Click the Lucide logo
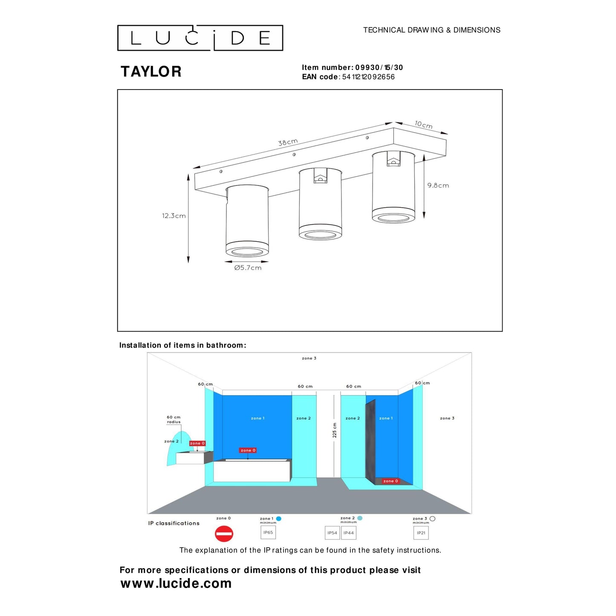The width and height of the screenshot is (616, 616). [200, 38]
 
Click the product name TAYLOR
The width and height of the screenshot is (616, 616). [151, 72]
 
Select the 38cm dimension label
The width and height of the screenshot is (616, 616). [288, 142]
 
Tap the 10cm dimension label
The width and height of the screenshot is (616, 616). [423, 124]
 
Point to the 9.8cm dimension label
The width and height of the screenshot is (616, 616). [438, 185]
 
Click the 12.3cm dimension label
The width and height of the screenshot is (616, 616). [174, 216]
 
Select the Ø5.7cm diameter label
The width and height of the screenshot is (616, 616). [248, 268]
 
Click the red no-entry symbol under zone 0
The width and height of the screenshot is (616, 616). [224, 534]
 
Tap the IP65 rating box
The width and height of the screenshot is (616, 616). [268, 532]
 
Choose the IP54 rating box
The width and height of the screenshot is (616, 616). [332, 533]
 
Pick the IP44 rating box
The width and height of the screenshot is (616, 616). [349, 533]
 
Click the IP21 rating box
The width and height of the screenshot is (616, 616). [421, 533]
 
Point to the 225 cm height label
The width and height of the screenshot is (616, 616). [335, 430]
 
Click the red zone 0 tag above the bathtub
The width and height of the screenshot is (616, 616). [248, 450]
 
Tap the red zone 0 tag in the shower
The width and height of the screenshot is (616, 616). [390, 481]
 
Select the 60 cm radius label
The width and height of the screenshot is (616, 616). [174, 419]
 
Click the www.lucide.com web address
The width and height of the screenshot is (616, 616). [176, 583]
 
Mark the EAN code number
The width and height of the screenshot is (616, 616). [368, 77]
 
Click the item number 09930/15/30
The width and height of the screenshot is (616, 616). [379, 67]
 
